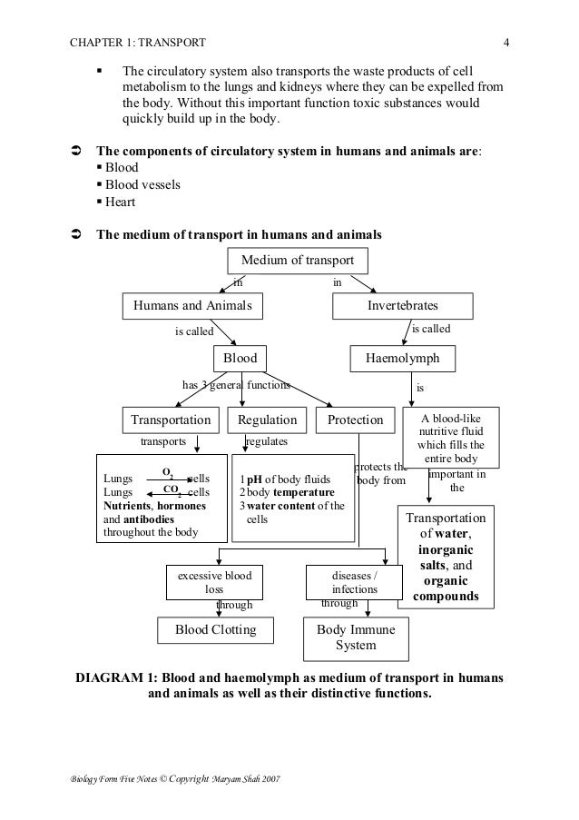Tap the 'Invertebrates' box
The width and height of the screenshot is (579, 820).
pos(402,306)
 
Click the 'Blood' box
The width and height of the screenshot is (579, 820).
pos(240,359)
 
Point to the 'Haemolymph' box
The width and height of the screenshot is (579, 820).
pos(402,359)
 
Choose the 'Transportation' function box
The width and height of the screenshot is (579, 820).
pos(171,420)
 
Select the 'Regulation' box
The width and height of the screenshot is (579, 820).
pos(267,420)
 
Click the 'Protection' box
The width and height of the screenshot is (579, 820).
pos(355,420)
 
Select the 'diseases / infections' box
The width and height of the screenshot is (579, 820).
pos(354,582)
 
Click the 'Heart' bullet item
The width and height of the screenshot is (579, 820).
pos(123,203)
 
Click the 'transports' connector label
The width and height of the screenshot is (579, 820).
pos(162,441)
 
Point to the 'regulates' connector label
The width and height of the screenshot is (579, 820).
pos(267,441)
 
